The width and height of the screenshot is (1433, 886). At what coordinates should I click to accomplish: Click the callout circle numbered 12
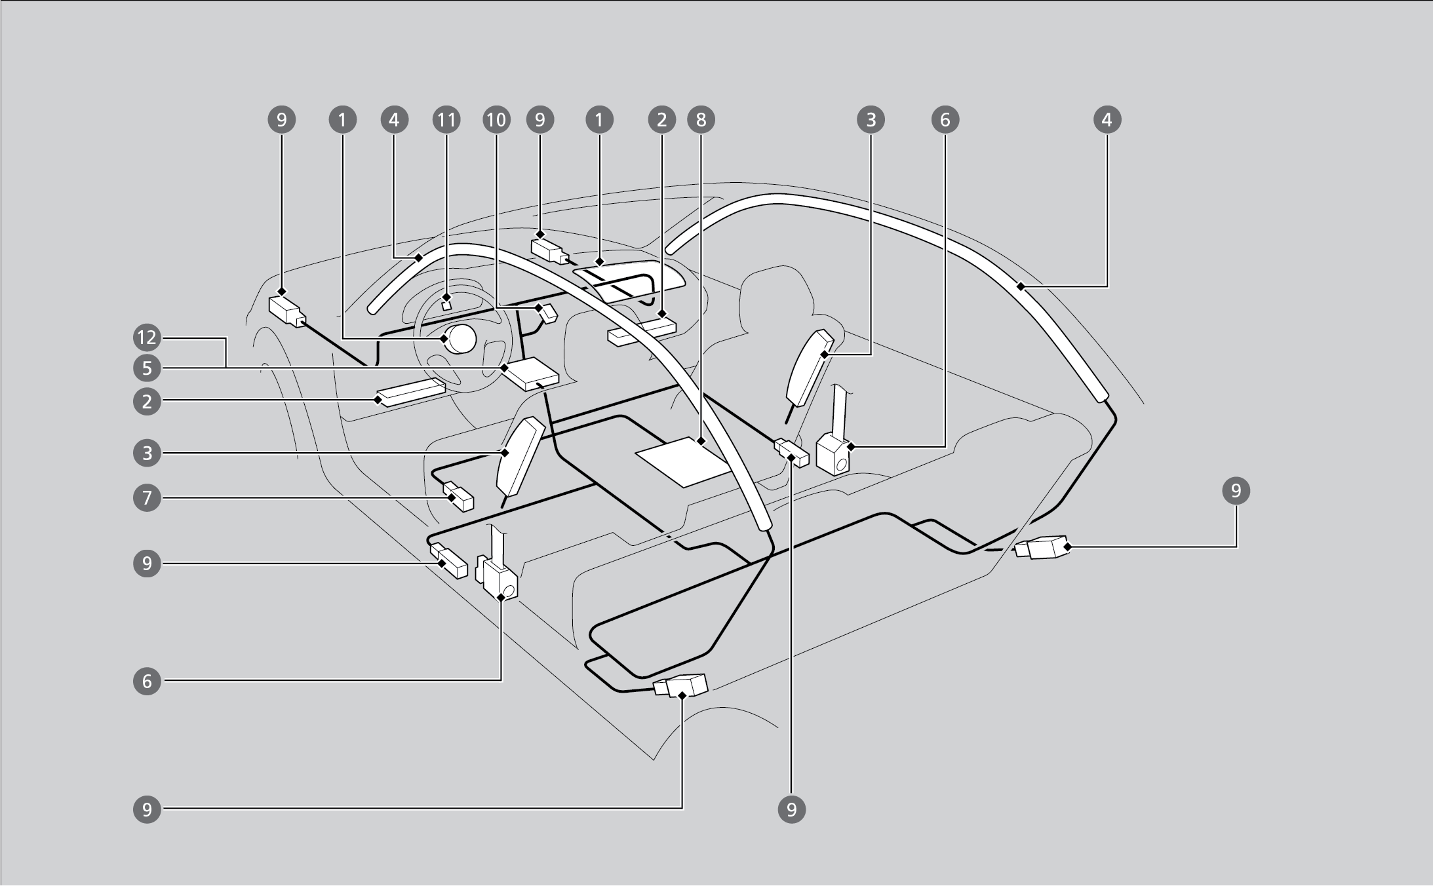[147, 338]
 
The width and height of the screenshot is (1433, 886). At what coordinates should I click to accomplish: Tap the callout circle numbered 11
[446, 120]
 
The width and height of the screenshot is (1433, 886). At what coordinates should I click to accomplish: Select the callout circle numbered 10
[496, 120]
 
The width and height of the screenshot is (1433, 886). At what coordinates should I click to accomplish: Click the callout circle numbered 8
[701, 120]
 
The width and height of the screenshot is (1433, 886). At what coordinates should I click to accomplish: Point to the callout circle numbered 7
[147, 498]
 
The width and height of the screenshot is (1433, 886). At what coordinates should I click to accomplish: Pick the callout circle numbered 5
[147, 368]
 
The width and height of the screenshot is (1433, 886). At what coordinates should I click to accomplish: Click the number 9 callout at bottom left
[147, 810]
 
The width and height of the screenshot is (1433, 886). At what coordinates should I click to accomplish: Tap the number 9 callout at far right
[1236, 491]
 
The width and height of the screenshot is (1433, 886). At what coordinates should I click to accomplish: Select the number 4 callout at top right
[1107, 120]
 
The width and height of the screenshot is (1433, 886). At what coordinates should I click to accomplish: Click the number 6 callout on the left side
[147, 682]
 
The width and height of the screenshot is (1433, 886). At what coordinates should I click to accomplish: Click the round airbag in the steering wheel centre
[461, 339]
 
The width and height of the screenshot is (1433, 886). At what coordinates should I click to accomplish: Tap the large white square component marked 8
[682, 461]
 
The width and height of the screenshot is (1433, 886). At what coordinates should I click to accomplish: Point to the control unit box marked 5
[530, 374]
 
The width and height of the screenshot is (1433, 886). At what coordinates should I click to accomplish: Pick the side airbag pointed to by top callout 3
[809, 364]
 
